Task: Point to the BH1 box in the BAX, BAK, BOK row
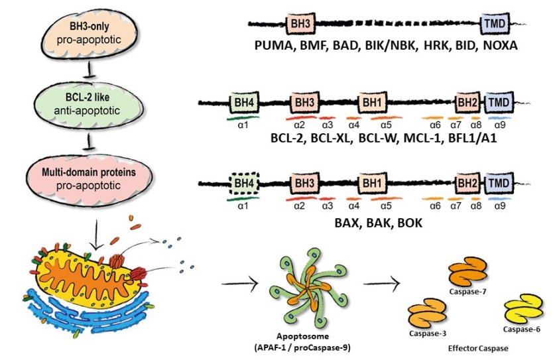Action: point(369,180)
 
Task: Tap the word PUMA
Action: point(274,46)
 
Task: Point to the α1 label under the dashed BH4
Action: point(243,206)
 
